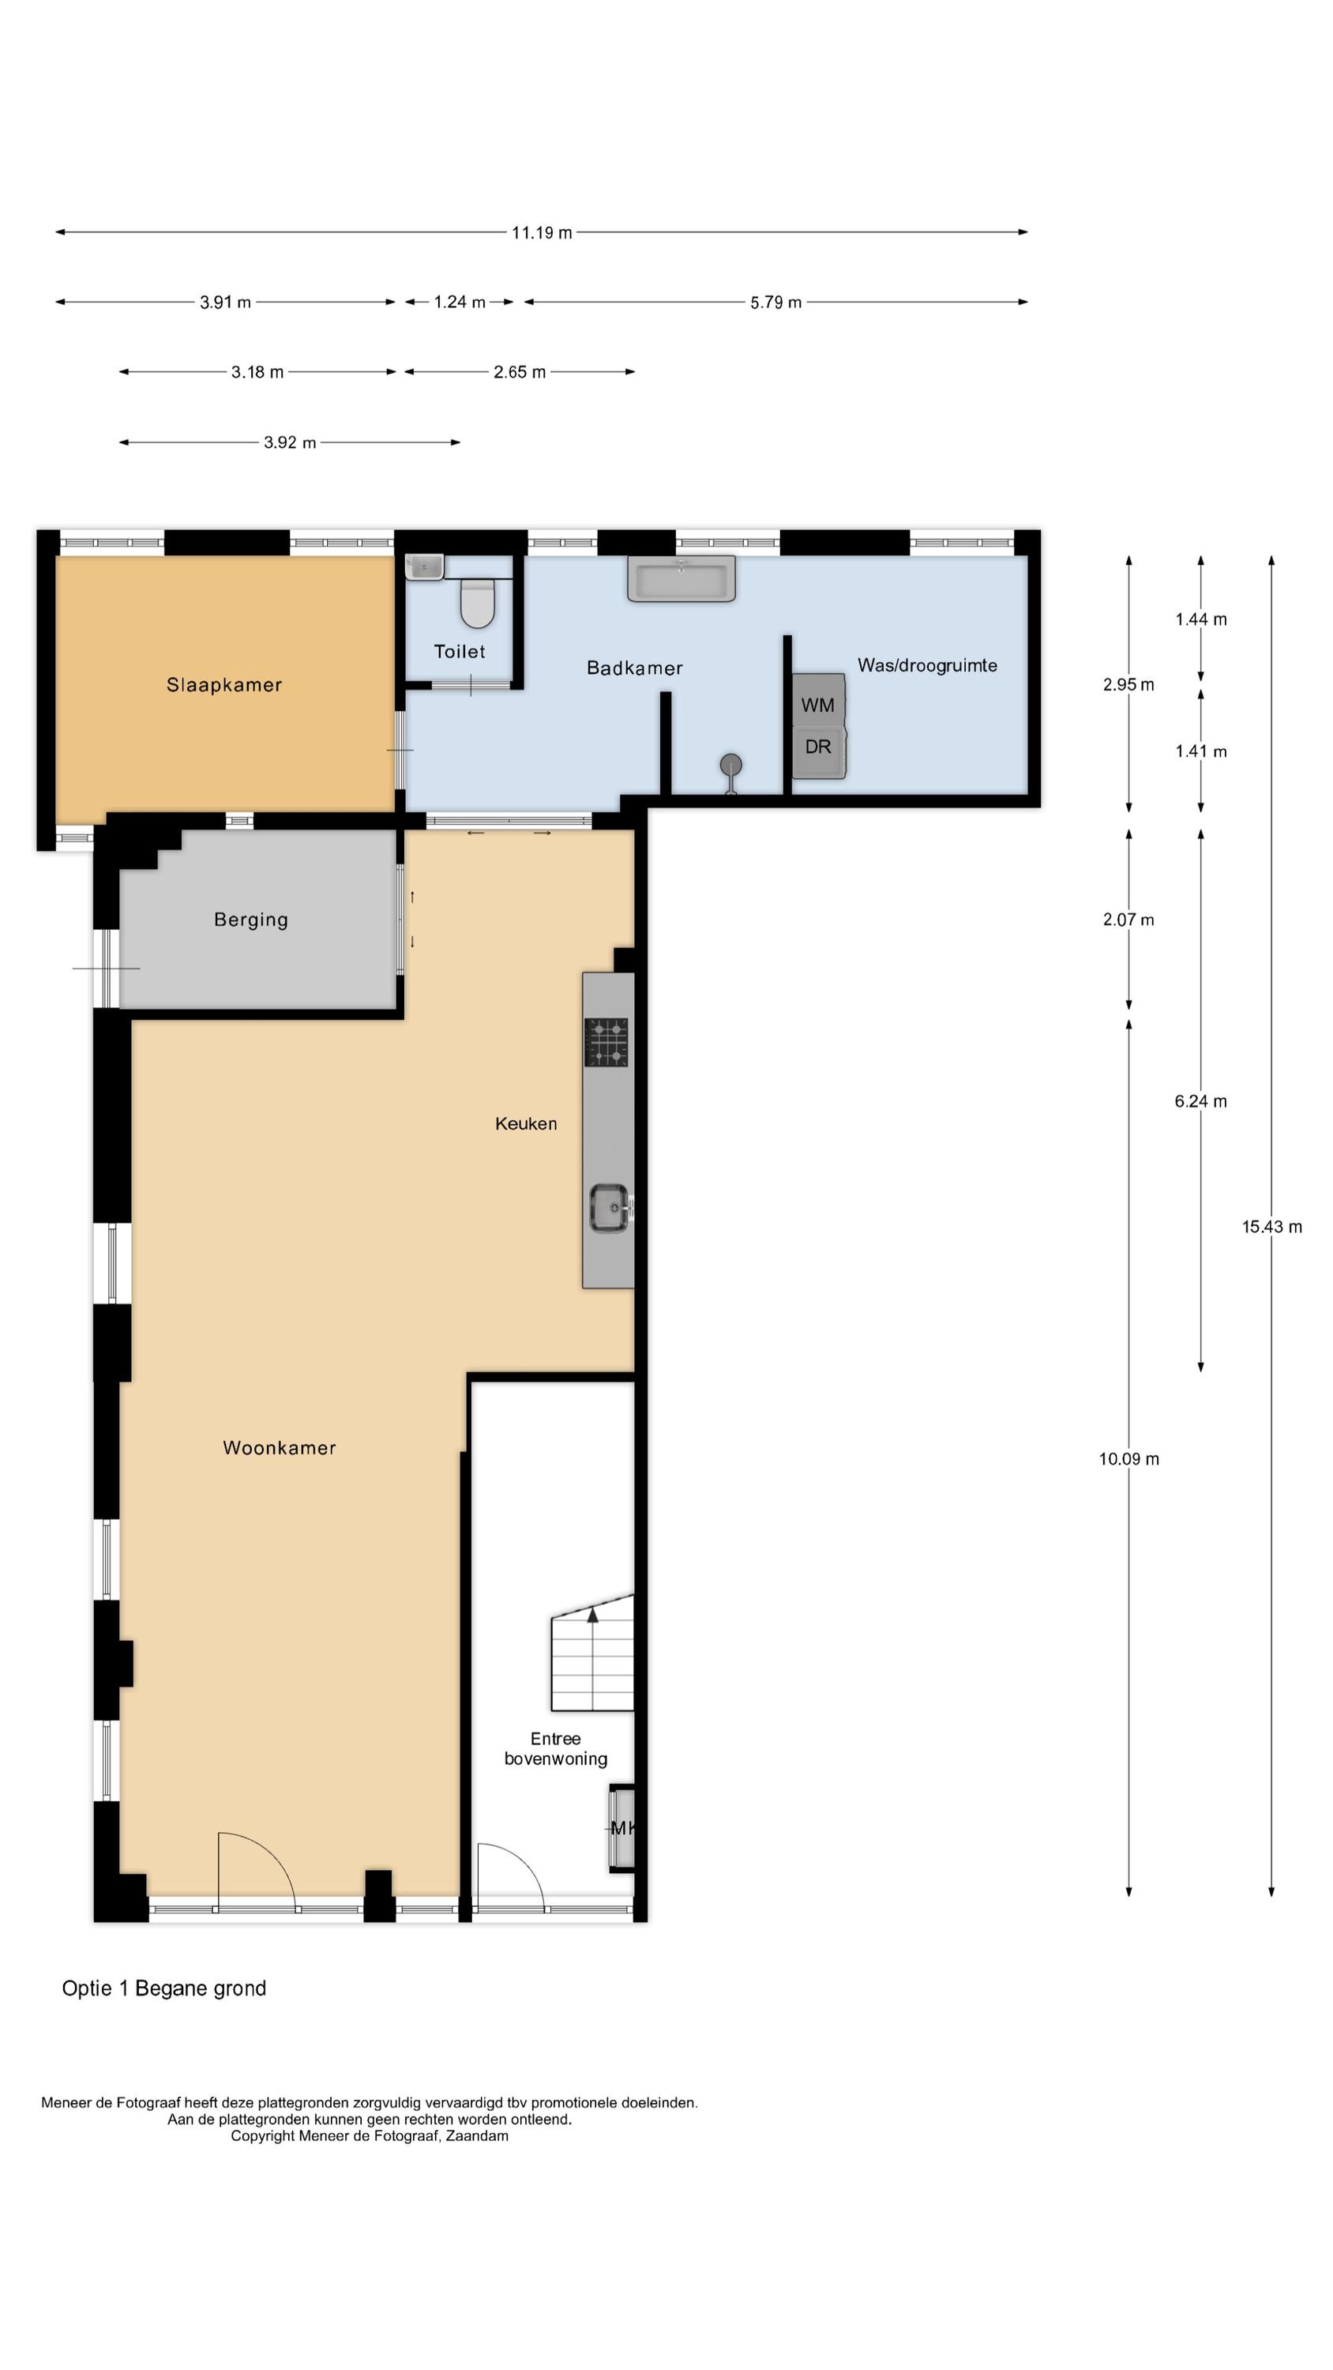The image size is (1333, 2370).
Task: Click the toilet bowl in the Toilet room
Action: [478, 602]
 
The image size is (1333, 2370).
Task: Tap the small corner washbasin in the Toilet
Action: [424, 566]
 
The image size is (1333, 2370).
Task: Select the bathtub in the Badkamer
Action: [681, 577]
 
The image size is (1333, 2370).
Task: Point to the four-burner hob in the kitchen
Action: [606, 1042]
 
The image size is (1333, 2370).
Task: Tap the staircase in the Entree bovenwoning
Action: [592, 1653]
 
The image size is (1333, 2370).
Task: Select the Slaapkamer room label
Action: [224, 684]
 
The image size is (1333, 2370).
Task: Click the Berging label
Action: [251, 920]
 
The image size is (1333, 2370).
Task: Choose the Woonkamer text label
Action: [280, 1448]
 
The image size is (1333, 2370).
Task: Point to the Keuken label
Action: [526, 1123]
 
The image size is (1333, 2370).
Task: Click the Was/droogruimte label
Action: [927, 665]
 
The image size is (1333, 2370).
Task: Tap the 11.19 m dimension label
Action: [542, 233]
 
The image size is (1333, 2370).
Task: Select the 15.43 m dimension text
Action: [1272, 1226]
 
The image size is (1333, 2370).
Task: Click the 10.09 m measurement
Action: [1128, 1458]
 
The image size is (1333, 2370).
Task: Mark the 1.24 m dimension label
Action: [460, 302]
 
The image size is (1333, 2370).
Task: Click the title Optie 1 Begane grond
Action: [163, 1988]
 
